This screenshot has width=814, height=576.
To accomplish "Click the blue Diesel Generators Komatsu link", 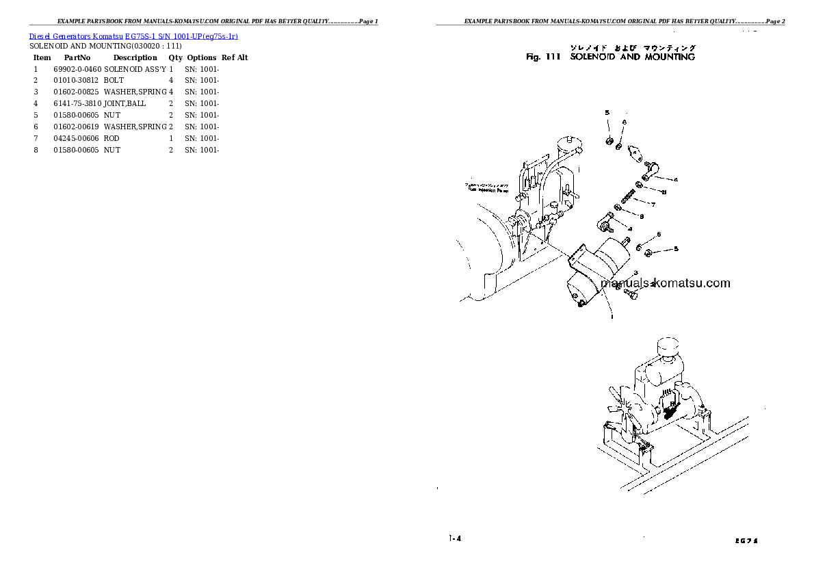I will [x=133, y=36].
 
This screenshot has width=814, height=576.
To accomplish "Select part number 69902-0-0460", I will [x=77, y=69].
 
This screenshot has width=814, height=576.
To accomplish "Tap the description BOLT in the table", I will [x=114, y=81].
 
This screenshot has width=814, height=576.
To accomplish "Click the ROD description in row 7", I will [x=111, y=139].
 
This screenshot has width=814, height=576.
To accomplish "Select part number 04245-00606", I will [x=77, y=139].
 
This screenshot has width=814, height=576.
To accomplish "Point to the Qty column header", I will [x=176, y=58].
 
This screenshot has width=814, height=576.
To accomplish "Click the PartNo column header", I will [x=77, y=58].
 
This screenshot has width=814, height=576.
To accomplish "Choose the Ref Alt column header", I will [x=235, y=58].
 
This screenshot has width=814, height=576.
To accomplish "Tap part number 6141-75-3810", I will [x=77, y=104].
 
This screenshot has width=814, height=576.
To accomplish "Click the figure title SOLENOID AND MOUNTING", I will [x=632, y=57].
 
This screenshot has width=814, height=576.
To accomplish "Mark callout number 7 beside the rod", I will [x=653, y=205].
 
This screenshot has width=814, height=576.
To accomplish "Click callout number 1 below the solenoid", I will [x=611, y=317].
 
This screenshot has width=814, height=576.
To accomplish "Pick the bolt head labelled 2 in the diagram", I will [x=630, y=294].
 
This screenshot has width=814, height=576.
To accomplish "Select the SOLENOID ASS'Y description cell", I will [x=135, y=69].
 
